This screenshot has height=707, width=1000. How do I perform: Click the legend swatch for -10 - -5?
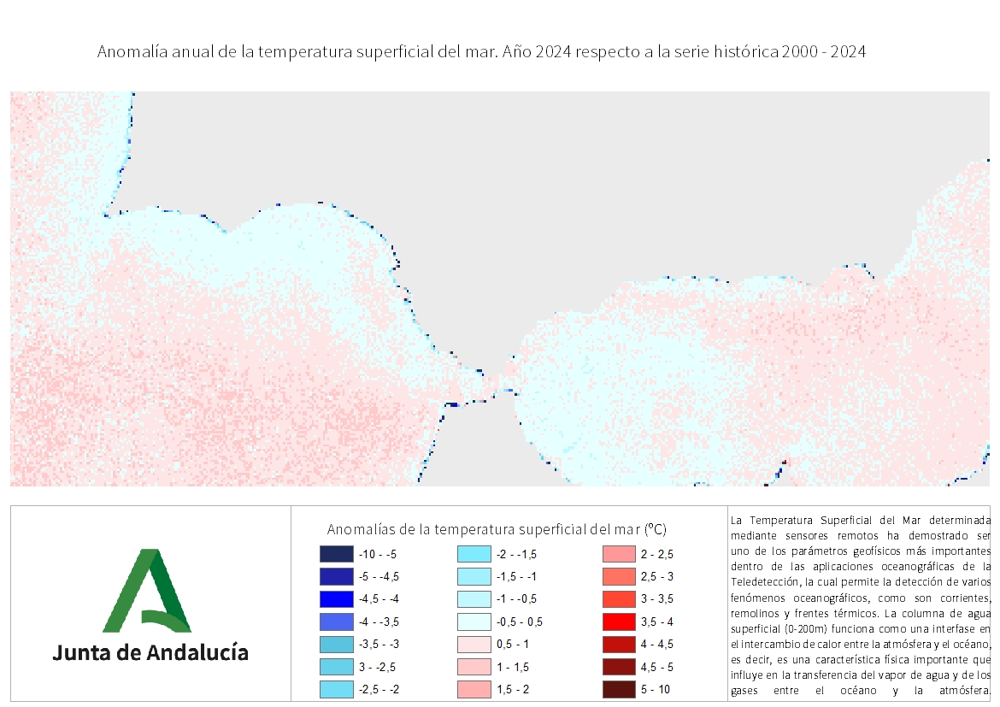336,554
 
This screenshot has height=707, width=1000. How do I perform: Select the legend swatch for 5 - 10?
619,689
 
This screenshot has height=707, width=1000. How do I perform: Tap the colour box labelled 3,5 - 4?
619,622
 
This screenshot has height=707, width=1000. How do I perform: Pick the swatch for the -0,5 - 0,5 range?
474,622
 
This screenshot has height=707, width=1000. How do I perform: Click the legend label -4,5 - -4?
379,599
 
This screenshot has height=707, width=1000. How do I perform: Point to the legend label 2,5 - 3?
657,577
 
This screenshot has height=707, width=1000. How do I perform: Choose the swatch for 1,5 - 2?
474,689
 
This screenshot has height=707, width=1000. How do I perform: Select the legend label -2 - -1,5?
516,555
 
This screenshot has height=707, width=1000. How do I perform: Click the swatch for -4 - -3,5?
336,622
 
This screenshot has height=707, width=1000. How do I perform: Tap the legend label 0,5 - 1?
513,645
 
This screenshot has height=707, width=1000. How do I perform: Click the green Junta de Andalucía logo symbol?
147,590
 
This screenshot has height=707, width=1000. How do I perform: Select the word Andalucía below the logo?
197,652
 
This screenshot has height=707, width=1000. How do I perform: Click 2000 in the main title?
800,51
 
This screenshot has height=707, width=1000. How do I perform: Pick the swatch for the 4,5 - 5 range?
619,667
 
